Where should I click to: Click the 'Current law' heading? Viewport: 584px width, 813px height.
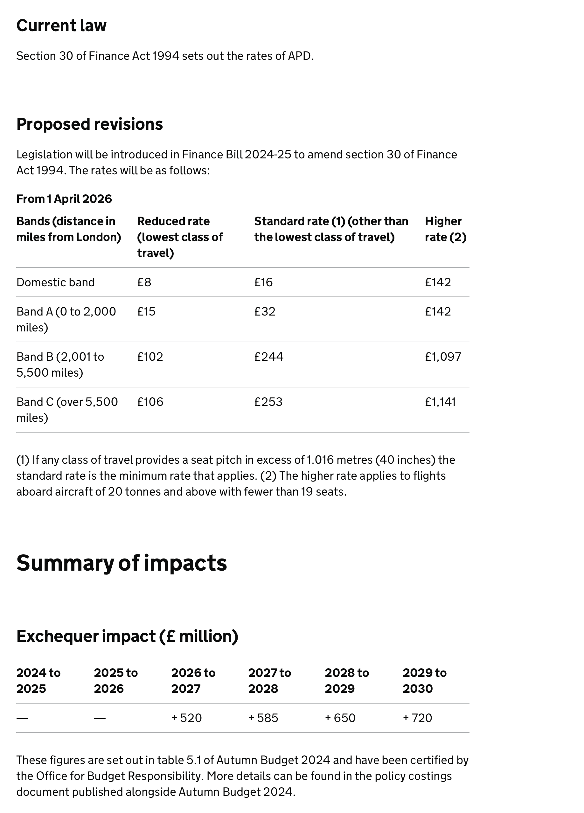pos(61,25)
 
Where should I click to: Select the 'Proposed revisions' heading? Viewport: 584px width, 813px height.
pos(90,124)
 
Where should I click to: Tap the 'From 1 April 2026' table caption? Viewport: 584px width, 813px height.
pos(64,198)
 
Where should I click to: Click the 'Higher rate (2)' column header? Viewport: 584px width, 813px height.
pos(446,229)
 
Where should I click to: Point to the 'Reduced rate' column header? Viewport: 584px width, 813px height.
pos(180,237)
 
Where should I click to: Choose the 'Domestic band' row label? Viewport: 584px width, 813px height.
pos(56,282)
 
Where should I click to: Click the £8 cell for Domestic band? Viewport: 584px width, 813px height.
pos(144,282)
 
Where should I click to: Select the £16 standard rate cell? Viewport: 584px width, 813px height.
pos(263,282)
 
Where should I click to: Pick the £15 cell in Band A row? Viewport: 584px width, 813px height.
pos(146,311)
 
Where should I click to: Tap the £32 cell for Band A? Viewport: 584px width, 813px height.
pos(265,311)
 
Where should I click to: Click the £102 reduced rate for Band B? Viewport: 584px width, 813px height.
pos(150,356)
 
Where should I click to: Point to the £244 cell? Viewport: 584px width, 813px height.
pos(269,356)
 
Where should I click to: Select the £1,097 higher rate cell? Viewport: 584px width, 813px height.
pos(443,356)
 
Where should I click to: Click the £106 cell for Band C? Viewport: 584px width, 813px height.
pos(150,401)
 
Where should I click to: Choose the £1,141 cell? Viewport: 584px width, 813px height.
pos(441,401)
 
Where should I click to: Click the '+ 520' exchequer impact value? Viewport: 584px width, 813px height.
pos(186,718)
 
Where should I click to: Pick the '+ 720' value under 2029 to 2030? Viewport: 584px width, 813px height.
pos(417,718)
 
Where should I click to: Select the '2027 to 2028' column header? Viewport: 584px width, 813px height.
pos(270,680)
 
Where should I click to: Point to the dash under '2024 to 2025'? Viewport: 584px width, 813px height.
pos(22,718)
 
